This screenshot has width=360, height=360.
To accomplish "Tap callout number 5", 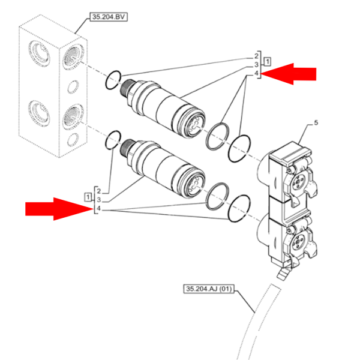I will coord(316,124).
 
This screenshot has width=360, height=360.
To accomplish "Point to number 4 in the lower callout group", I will coord(98,209).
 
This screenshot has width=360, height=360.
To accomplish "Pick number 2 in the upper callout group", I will coord(256,56).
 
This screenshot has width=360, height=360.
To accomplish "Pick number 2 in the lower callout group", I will coord(98,190).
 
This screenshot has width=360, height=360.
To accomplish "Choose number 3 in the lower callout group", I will coord(98,199).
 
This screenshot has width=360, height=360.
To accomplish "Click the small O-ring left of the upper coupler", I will coord(113,80).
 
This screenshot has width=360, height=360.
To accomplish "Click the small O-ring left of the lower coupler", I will coord(112,143).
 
